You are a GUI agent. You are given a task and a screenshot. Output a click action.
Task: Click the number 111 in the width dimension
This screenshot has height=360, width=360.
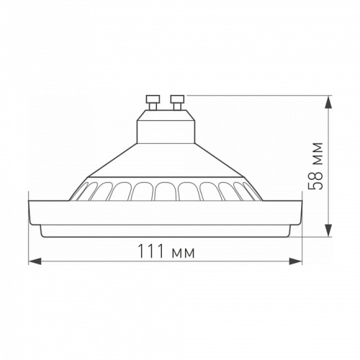(149, 253)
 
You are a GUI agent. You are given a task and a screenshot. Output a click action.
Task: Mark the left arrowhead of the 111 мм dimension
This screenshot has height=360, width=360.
(32, 261)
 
